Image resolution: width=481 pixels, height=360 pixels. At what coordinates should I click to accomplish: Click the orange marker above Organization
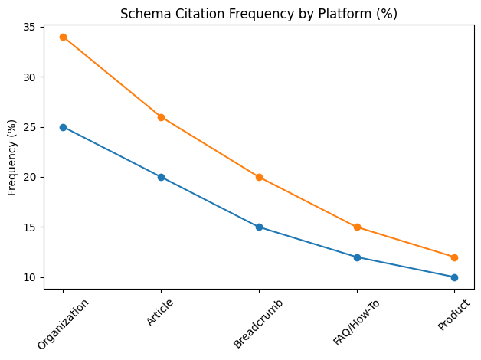tap(63, 37)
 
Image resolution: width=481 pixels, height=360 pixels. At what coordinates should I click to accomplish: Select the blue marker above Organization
tap(63, 127)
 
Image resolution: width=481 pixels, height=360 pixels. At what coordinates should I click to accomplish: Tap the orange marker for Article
tap(161, 117)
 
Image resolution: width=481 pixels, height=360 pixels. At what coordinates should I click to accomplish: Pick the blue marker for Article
tap(161, 177)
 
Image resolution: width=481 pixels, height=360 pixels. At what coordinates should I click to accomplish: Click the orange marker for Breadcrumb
tap(259, 177)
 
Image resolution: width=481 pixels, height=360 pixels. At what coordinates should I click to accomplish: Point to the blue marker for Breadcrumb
tap(259, 227)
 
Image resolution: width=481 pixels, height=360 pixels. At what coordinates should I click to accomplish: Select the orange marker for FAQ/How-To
tap(357, 227)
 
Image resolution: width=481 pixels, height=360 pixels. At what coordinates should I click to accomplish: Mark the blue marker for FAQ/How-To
tap(357, 257)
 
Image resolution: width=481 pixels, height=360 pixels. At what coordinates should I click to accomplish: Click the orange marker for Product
tap(454, 257)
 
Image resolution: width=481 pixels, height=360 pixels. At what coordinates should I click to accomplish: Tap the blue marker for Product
tap(454, 277)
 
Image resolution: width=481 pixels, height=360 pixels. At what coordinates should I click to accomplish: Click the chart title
tap(259, 14)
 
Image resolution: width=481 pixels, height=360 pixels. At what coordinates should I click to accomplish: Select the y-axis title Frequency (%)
tap(12, 157)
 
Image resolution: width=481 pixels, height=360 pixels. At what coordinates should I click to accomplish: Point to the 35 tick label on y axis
tap(28, 28)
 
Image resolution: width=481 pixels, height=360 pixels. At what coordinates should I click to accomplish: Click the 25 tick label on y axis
tap(28, 127)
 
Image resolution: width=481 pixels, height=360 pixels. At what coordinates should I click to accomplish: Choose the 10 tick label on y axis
tap(28, 277)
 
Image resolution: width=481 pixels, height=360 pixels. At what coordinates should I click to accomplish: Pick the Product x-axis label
tap(453, 315)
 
